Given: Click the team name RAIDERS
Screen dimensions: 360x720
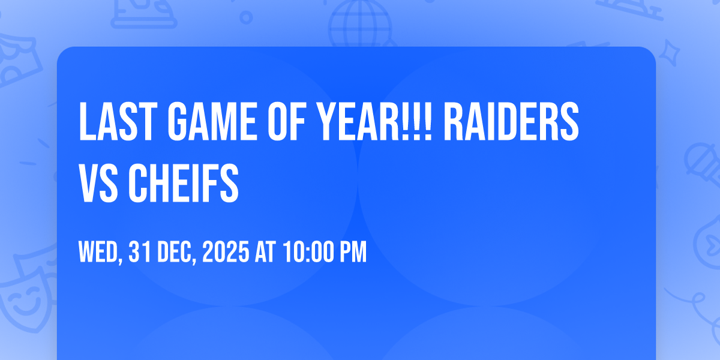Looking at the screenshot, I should [515, 122].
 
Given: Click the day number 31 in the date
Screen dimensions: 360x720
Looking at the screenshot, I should [140, 253].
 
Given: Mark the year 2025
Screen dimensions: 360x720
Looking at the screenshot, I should [226, 253].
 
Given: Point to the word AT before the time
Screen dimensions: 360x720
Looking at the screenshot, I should [265, 253].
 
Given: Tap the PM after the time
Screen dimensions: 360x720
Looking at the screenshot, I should [351, 253].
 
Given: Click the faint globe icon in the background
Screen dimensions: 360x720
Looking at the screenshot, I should [360, 24].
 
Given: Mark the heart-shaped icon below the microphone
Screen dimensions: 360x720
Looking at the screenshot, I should [708, 240].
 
